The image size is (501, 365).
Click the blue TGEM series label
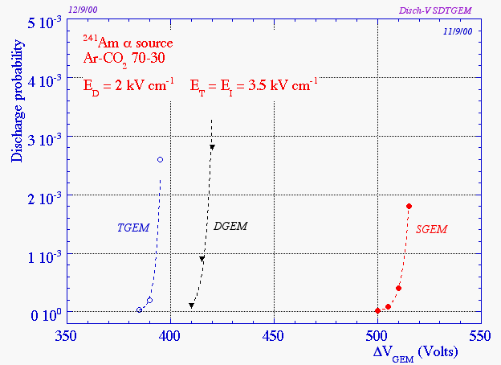click(134, 228)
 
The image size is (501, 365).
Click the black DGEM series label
click(231, 227)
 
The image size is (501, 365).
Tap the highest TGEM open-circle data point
click(161, 160)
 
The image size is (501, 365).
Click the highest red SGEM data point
click(409, 207)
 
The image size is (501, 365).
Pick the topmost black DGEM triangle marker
click(213, 147)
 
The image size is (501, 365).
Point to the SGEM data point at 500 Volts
click(377, 310)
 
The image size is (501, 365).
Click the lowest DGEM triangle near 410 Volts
click(191, 306)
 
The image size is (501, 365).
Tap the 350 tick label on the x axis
click(67, 334)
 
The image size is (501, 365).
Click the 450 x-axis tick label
click(274, 334)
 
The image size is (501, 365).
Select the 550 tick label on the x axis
click(481, 334)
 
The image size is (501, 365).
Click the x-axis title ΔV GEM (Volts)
click(415, 352)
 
